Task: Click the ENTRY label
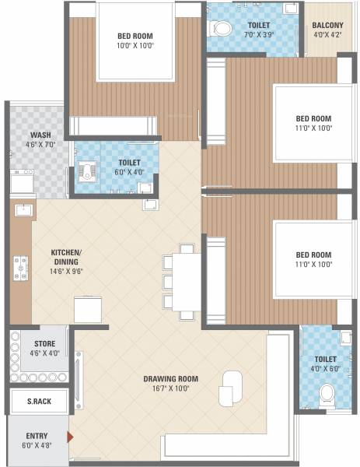(x=37, y=435)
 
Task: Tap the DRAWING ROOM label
(x=170, y=379)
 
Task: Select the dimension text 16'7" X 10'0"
(x=170, y=388)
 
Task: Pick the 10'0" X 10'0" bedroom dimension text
(x=135, y=47)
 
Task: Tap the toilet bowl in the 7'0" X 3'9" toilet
(x=222, y=29)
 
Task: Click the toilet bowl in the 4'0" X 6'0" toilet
(x=327, y=392)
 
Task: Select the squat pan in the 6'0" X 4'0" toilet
(x=85, y=172)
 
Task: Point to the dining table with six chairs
(x=186, y=281)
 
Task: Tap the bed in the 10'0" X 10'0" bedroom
(x=135, y=43)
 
